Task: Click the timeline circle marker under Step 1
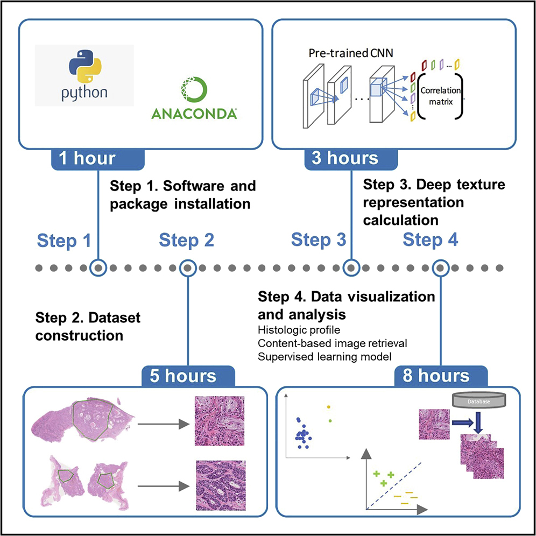(97, 267)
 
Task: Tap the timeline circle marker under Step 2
(187, 267)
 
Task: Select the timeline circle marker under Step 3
(351, 267)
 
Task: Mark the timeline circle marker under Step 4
(441, 267)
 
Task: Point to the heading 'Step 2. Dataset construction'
(88, 326)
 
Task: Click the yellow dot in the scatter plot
(328, 407)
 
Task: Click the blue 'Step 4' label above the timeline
(431, 240)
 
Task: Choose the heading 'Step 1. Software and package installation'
(183, 195)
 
